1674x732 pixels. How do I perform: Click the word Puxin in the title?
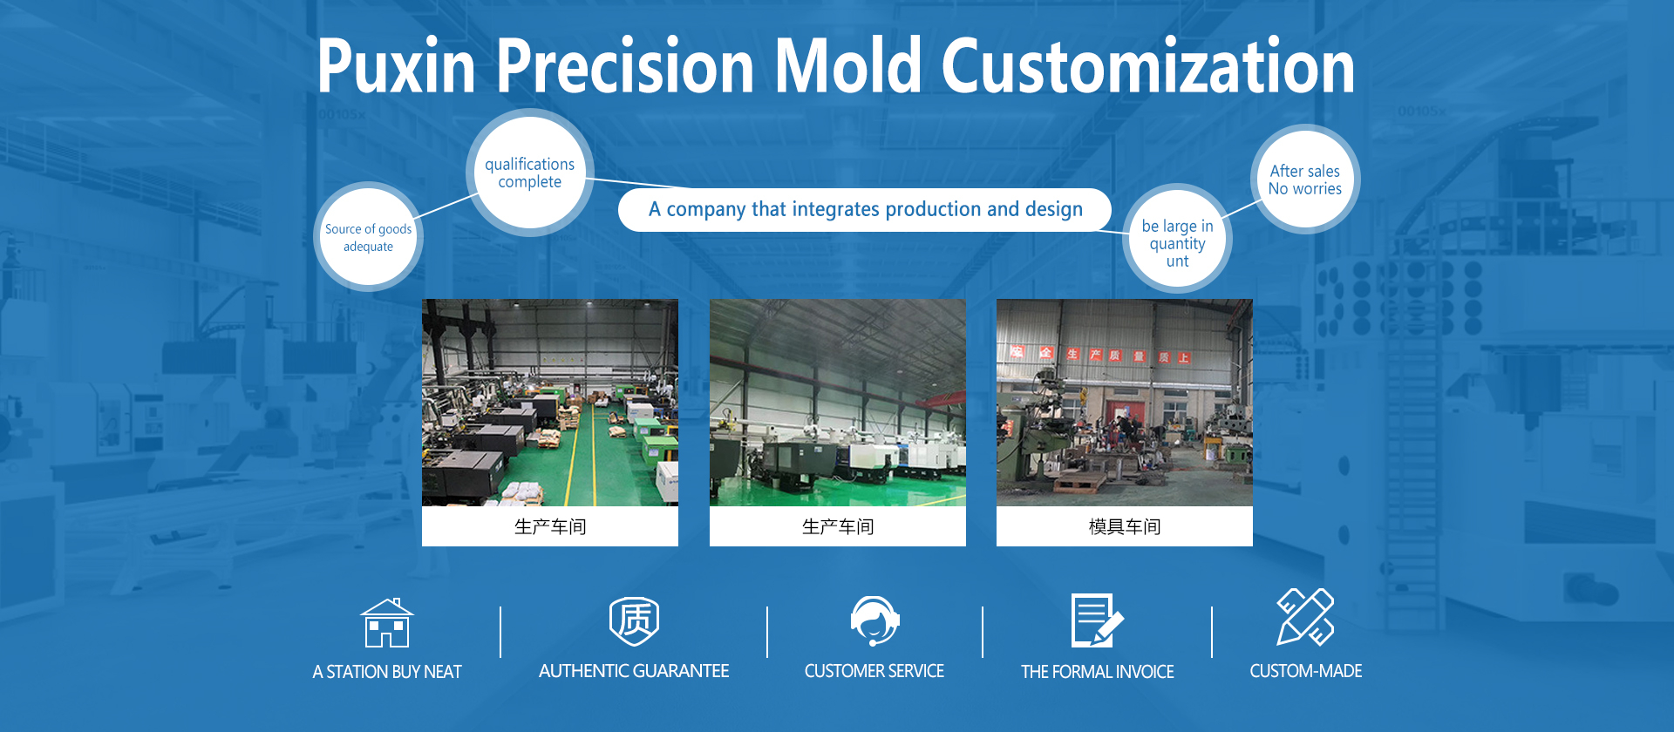[397, 66]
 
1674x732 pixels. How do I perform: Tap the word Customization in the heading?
[1148, 66]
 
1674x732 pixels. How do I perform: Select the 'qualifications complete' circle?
[530, 173]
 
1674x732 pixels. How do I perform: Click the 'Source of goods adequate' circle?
[368, 237]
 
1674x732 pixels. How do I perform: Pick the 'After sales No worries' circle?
[1305, 180]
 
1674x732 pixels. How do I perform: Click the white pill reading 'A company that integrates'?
[865, 209]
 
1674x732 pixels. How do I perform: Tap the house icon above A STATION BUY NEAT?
[387, 622]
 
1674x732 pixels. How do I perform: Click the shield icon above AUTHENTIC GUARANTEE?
[634, 621]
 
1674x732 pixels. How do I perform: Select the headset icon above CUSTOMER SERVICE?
[874, 620]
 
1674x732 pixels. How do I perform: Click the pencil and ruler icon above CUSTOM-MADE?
[1305, 617]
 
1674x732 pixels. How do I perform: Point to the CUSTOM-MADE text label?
[1306, 671]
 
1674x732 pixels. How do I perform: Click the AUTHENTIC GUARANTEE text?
[634, 671]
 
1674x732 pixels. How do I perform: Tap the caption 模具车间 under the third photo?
[1125, 526]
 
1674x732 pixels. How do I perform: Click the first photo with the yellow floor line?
[550, 403]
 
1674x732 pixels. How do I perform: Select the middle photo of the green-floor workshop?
[838, 403]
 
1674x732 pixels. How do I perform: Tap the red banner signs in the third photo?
[1100, 355]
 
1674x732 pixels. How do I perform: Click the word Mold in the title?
[848, 66]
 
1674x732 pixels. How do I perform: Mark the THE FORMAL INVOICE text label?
[1098, 672]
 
